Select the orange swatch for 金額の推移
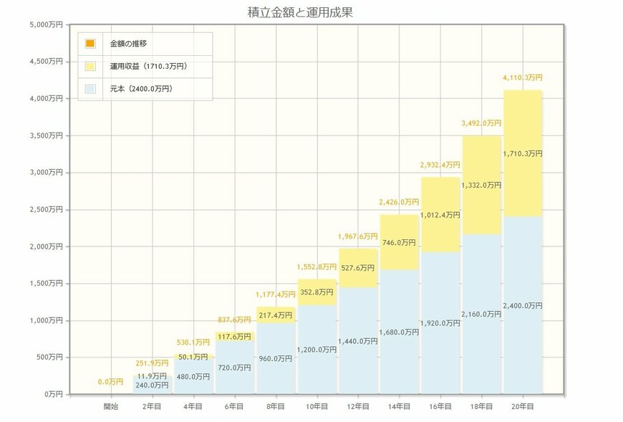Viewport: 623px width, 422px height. point(90,44)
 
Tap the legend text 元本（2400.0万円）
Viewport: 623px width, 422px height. point(140,89)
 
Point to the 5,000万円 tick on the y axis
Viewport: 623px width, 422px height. point(47,24)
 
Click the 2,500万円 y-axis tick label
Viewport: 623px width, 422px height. point(47,209)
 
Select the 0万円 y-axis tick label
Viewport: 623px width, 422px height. point(53,394)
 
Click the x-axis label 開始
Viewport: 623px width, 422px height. point(111,406)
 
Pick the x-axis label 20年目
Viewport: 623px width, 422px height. point(523,406)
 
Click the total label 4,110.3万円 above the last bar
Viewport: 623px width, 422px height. point(523,77)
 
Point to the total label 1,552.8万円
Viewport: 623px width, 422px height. point(316,267)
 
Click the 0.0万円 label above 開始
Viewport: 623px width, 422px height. point(111,382)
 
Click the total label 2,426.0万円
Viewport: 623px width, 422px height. point(399,202)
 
